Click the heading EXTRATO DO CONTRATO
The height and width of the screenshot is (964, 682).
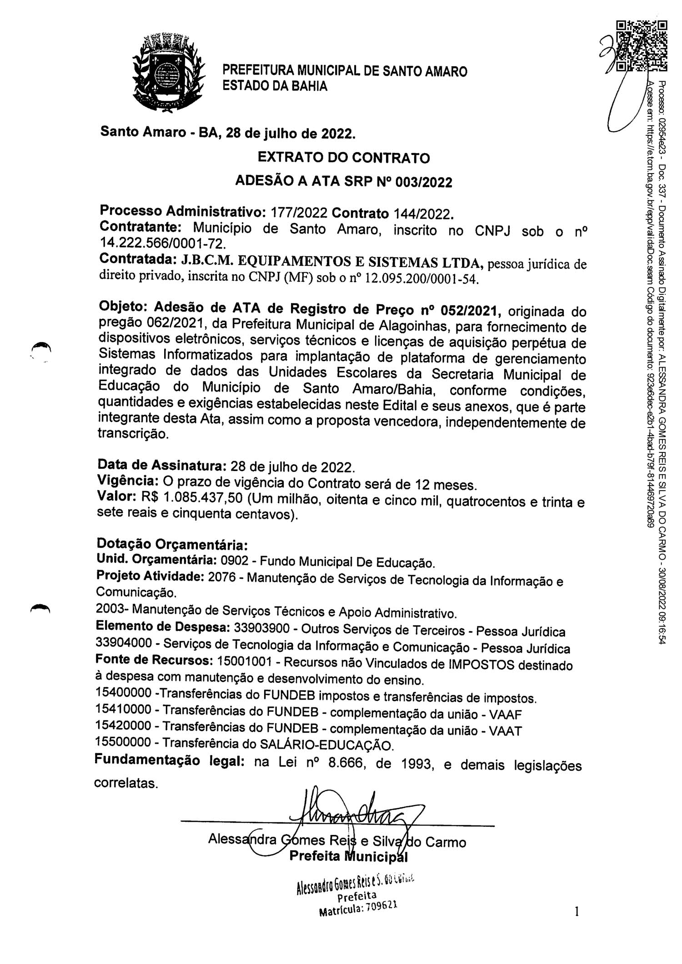point(343,158)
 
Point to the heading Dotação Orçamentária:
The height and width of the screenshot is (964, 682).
point(172,544)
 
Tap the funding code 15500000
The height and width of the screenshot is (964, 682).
point(123,742)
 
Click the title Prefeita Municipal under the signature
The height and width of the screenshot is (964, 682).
point(348,857)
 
